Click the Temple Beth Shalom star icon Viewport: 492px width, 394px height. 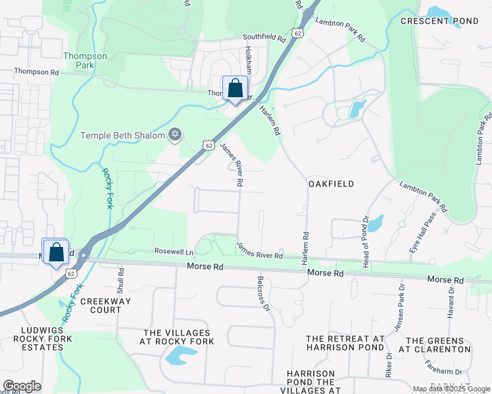point(174,135)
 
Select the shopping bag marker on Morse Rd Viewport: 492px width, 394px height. point(57,252)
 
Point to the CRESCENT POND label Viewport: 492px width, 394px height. point(439,21)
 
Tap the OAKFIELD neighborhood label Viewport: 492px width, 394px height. point(332,185)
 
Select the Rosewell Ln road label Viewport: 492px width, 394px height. point(174,252)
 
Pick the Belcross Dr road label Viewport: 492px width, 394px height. point(263,293)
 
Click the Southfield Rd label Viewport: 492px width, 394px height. point(264,37)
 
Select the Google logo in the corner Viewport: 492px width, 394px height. point(22,386)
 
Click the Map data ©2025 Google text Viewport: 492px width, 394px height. point(452,389)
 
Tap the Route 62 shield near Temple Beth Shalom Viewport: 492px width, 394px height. point(208,145)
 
